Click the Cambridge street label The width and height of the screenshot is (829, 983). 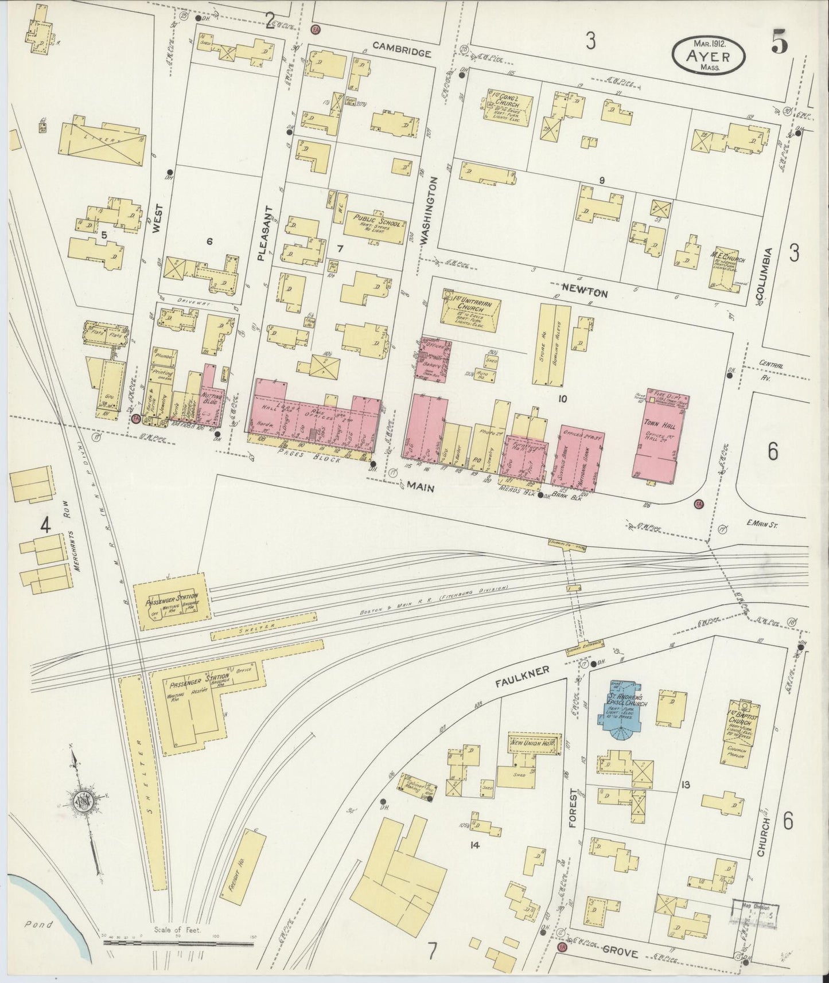point(401,53)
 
